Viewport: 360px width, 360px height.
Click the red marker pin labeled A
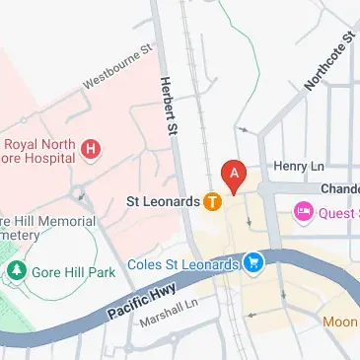tap(234, 175)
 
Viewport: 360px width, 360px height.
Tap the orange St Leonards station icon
tap(212, 202)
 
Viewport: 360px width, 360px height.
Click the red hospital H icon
tap(92, 150)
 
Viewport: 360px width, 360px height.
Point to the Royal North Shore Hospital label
tap(39, 149)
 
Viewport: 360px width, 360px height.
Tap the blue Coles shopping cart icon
tap(255, 263)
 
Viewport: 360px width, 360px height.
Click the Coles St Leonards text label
tap(183, 264)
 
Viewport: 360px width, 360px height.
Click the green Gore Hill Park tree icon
tap(16, 269)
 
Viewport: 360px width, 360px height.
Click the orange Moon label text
tap(340, 323)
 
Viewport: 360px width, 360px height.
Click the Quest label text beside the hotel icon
tap(338, 211)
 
